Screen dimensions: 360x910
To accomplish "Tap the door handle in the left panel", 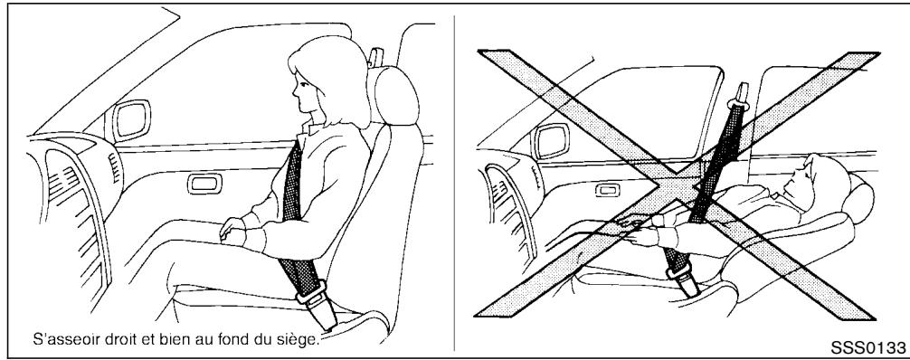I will coord(200,185).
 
